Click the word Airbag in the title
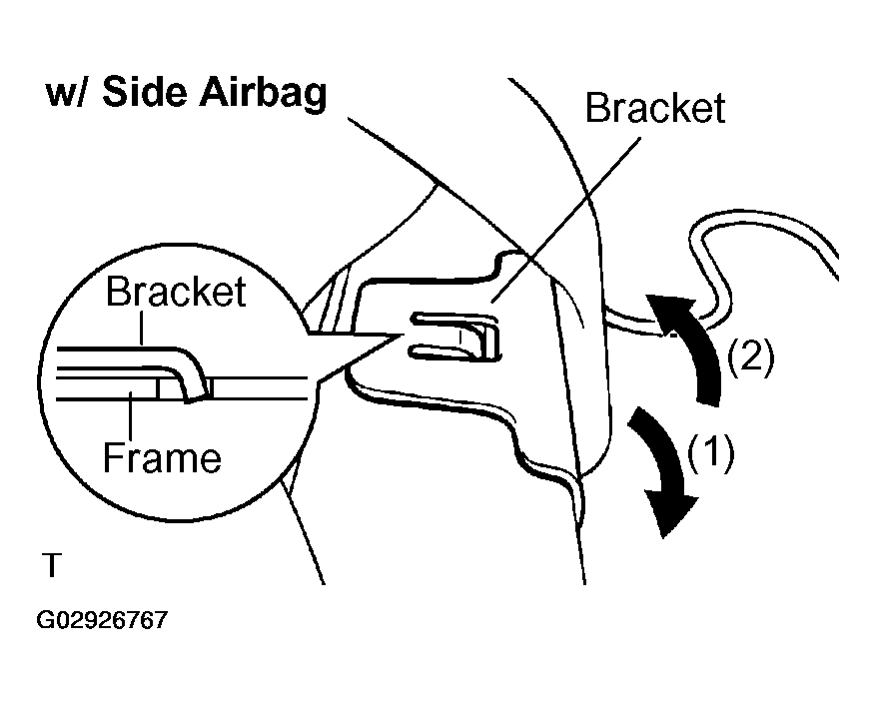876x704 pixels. (263, 93)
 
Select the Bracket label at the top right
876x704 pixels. (655, 108)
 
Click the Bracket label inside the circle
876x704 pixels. (176, 292)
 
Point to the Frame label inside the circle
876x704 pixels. (162, 457)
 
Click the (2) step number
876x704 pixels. (751, 356)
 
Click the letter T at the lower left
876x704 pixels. (51, 565)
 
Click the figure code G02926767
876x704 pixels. (102, 620)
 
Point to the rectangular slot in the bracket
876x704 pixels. (455, 337)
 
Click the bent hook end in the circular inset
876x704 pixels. (194, 379)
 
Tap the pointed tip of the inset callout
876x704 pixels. (404, 335)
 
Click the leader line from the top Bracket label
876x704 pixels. (566, 220)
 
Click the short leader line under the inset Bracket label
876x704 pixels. (142, 328)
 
